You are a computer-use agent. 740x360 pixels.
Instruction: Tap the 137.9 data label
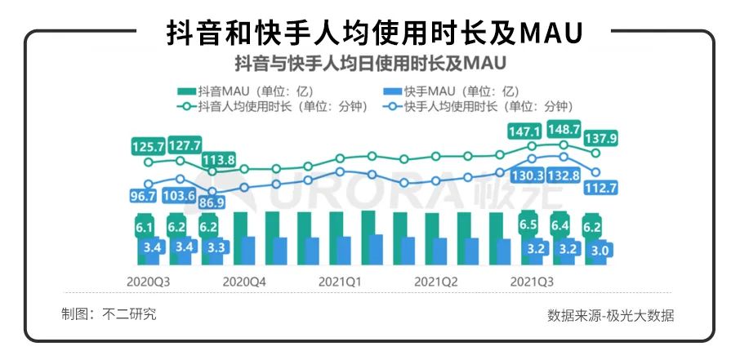coord(600,138)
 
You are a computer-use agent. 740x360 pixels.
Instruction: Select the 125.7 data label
coord(149,147)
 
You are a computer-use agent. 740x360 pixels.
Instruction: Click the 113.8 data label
coord(220,159)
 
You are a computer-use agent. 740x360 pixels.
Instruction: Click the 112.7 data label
coord(600,189)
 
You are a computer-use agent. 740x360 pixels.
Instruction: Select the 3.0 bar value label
coord(598,251)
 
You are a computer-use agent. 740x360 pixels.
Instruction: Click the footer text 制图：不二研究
coord(109,313)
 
